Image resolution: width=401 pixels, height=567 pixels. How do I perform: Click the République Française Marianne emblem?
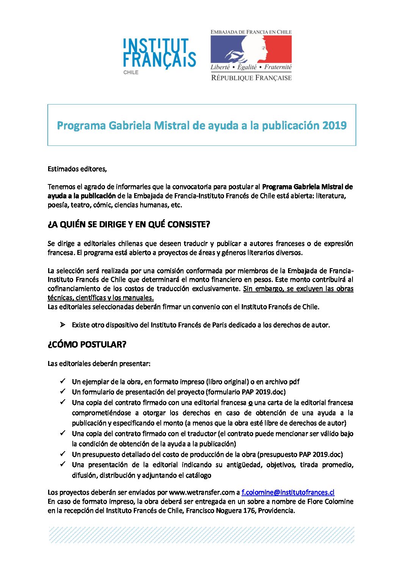coord(251,49)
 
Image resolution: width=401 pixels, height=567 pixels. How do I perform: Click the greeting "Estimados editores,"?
coord(77,169)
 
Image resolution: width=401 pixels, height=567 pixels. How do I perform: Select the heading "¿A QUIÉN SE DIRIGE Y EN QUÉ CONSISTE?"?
coord(129,224)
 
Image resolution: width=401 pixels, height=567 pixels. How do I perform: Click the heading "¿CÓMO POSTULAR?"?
coord(87,344)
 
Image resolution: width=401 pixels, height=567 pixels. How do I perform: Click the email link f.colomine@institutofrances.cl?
coord(288,492)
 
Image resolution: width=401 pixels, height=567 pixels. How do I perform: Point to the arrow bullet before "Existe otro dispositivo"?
coord(63,325)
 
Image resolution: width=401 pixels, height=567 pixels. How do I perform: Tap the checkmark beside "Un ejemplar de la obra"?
coord(63,381)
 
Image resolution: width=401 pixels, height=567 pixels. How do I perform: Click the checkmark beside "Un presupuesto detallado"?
coord(63,454)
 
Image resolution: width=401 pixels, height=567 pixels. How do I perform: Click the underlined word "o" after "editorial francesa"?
coord(250,403)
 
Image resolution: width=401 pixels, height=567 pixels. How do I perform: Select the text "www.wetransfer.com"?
coord(202,492)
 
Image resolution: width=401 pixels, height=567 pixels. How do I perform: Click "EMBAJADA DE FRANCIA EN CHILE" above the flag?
coord(251,32)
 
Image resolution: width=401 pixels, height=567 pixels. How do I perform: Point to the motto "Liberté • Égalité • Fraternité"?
coord(251,67)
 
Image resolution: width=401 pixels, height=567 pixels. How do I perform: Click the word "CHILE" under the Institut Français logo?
coord(131,72)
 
